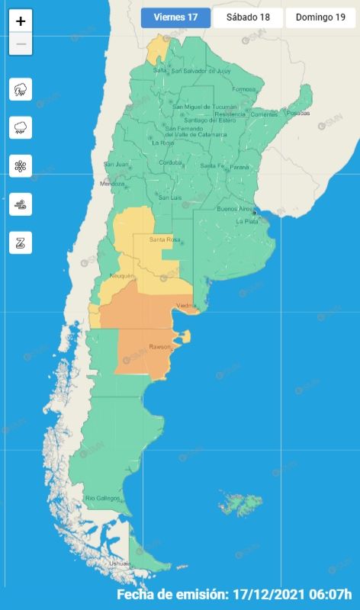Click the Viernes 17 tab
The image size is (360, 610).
point(175,18)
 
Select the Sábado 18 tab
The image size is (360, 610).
point(248,18)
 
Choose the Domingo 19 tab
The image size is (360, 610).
point(320,18)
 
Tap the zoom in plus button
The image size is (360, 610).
point(21,21)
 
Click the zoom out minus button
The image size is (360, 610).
point(21,44)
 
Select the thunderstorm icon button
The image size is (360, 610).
point(21,89)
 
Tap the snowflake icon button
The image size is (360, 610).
point(21,166)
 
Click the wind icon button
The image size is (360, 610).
point(21,204)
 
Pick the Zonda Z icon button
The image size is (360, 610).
point(21,243)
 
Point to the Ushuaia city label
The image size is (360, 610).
point(99,563)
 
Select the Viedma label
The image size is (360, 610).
point(186,306)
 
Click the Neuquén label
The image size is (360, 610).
point(122,275)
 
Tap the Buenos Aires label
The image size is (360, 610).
point(234,208)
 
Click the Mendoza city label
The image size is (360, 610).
point(111,184)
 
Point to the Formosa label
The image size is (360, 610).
point(244,89)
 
